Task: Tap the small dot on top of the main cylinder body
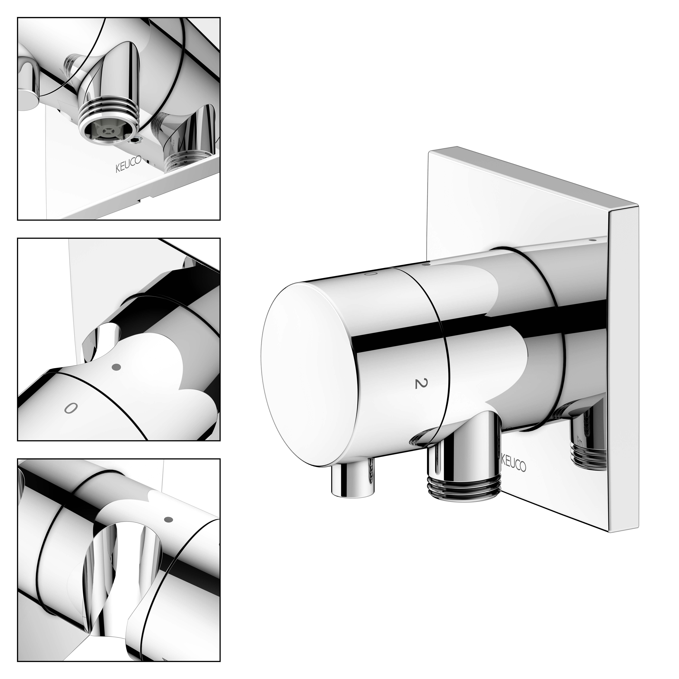click(426, 263)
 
